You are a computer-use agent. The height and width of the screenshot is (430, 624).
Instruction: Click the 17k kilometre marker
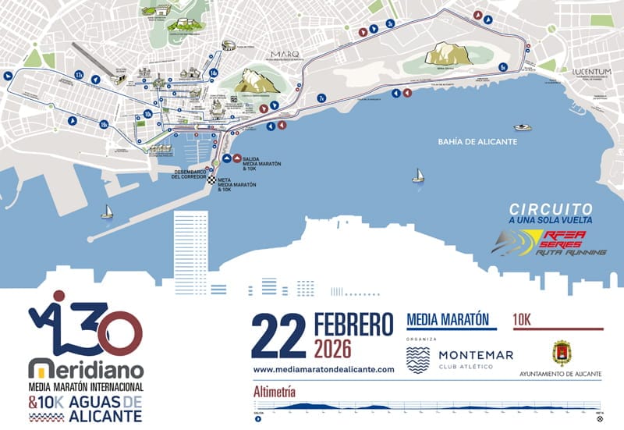pos(79,74)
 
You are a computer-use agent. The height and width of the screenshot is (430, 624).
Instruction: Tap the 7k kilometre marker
pos(321,98)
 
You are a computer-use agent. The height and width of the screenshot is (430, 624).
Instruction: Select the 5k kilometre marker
pos(503,67)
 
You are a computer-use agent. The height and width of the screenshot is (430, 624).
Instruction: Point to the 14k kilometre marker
pos(213,73)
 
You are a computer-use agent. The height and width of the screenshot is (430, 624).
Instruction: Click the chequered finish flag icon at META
pos(211,181)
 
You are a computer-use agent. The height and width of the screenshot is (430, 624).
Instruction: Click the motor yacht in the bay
pos(522,127)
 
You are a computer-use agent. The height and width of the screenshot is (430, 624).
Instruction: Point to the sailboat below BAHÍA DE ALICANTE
pos(418,176)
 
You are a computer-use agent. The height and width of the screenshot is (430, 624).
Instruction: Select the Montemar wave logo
pos(418,360)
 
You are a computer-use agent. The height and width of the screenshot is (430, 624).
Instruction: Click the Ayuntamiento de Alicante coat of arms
pos(561,353)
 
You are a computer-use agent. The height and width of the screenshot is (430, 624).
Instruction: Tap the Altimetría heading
pos(274,391)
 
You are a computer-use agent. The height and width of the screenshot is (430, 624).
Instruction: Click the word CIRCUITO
pos(551,209)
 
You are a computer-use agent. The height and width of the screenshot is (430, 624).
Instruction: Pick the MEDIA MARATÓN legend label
pos(448,319)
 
